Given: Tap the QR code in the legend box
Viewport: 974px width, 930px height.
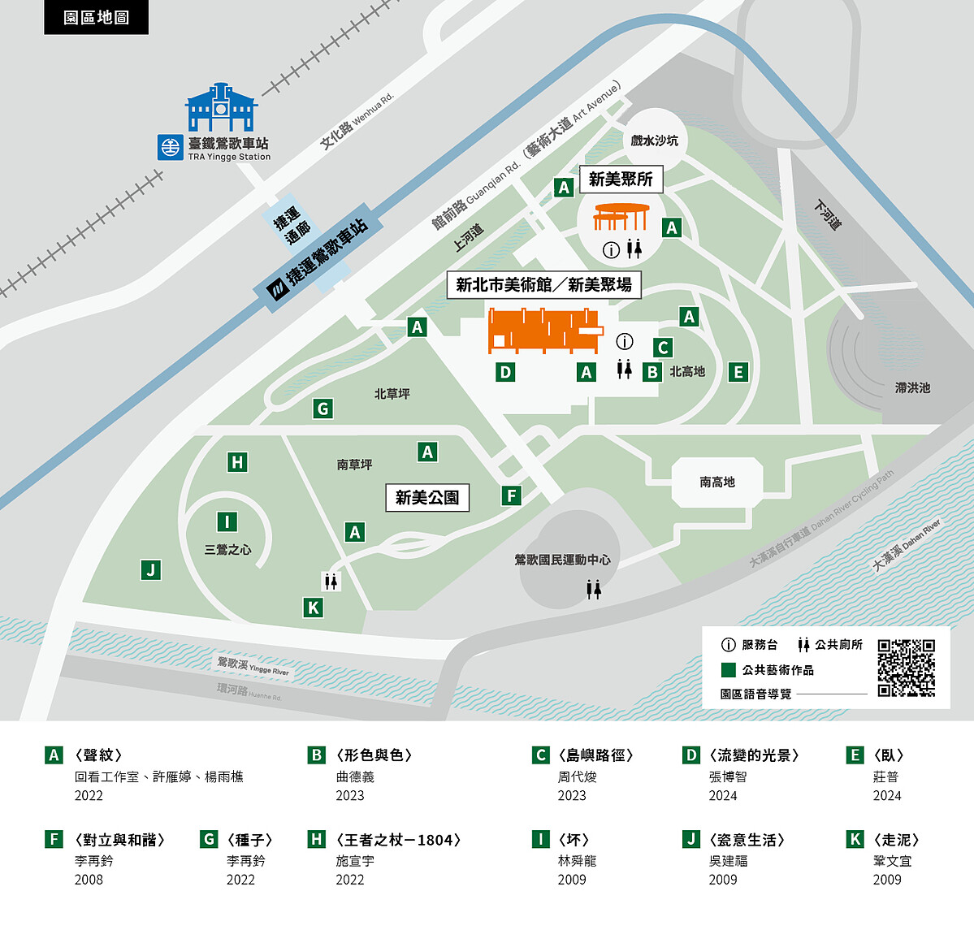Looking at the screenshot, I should (x=906, y=668).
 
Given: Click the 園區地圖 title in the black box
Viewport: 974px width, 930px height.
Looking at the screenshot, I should (x=96, y=17).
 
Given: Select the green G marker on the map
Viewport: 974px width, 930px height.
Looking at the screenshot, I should (x=323, y=409).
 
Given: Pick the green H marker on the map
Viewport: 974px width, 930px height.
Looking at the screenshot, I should (x=237, y=462).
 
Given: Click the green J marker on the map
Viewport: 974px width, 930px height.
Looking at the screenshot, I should (x=150, y=569).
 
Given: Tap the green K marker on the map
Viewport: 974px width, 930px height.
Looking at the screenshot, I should (x=313, y=607).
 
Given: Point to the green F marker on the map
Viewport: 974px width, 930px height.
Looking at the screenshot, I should (x=510, y=495).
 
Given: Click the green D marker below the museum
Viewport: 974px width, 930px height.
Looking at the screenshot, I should (x=505, y=372).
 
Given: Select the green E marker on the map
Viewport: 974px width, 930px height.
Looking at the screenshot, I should (x=738, y=372).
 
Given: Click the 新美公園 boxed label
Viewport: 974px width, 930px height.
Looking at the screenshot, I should (x=427, y=497).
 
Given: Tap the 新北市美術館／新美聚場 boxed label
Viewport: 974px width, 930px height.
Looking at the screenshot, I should (x=543, y=284).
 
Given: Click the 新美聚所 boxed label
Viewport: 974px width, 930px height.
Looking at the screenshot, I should (x=621, y=179).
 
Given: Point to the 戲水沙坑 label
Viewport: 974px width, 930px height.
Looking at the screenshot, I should (x=654, y=141).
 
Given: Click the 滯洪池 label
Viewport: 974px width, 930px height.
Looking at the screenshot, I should (x=912, y=387).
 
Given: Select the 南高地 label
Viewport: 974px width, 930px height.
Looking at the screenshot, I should (x=716, y=482).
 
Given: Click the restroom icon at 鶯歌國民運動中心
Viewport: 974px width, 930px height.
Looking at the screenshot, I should (x=594, y=589).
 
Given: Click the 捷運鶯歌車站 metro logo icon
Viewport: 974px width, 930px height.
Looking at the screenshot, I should (x=278, y=289).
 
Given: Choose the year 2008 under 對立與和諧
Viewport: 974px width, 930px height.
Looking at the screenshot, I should (x=89, y=880).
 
